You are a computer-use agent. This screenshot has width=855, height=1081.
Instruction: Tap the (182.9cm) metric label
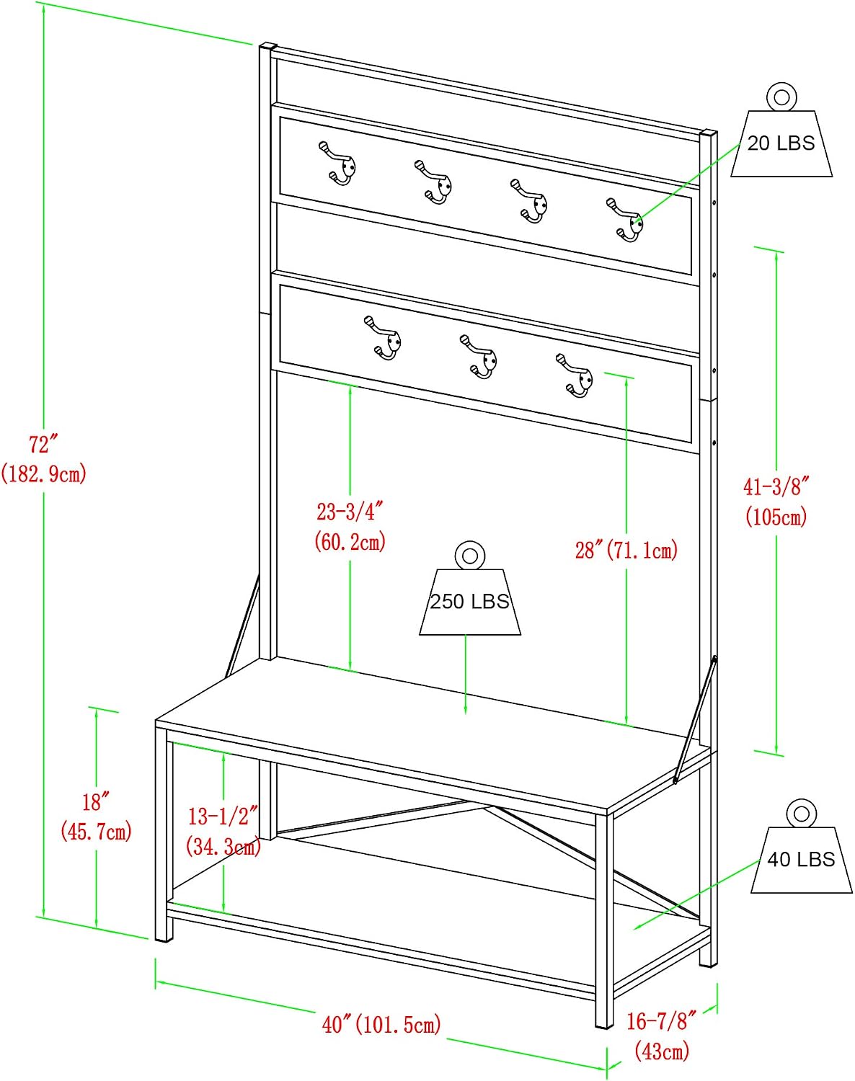coord(44,473)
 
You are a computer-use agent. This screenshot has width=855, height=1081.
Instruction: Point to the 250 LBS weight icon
coord(470,588)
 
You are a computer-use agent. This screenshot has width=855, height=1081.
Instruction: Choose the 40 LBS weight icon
coord(801,846)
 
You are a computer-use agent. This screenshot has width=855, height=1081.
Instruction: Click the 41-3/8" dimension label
coord(776,486)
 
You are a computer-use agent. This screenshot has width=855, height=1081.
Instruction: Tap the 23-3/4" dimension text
coord(350,512)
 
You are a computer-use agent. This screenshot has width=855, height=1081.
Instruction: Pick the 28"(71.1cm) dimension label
coord(626,550)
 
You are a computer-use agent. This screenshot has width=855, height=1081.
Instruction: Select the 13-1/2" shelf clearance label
coord(223,817)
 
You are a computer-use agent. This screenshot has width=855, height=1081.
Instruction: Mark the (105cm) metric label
coord(776,516)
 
